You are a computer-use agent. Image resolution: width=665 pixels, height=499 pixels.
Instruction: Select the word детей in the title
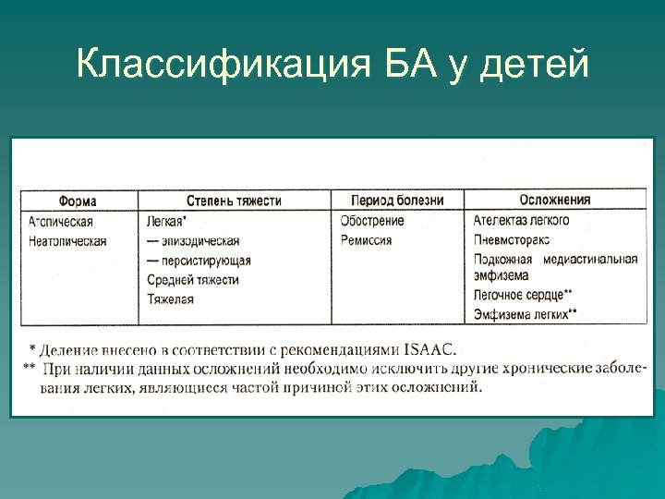pyautogui.click(x=535, y=65)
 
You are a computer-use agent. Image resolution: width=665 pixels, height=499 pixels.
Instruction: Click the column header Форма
pyautogui.click(x=78, y=201)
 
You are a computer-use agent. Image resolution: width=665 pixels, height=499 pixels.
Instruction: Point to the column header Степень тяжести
pyautogui.click(x=234, y=201)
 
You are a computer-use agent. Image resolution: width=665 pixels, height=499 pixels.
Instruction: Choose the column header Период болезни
pyautogui.click(x=397, y=201)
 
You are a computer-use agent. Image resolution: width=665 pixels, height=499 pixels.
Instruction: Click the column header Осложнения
pyautogui.click(x=554, y=200)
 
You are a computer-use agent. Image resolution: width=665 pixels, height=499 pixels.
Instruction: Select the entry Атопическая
pyautogui.click(x=61, y=222)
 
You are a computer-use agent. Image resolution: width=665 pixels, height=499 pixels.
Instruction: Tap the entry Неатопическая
pyautogui.click(x=67, y=241)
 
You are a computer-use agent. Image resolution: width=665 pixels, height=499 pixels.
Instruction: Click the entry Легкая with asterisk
pyautogui.click(x=167, y=222)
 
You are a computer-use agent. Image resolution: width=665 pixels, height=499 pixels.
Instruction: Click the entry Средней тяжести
pyautogui.click(x=193, y=280)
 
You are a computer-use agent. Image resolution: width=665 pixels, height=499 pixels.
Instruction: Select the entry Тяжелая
pyautogui.click(x=170, y=299)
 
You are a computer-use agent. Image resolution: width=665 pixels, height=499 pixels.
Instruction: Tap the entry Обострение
pyautogui.click(x=372, y=221)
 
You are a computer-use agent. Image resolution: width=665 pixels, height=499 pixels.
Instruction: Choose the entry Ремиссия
pyautogui.click(x=366, y=240)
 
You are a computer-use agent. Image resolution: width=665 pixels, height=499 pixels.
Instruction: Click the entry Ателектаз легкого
pyautogui.click(x=521, y=221)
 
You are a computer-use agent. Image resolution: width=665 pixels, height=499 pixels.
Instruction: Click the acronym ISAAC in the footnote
pyautogui.click(x=429, y=350)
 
